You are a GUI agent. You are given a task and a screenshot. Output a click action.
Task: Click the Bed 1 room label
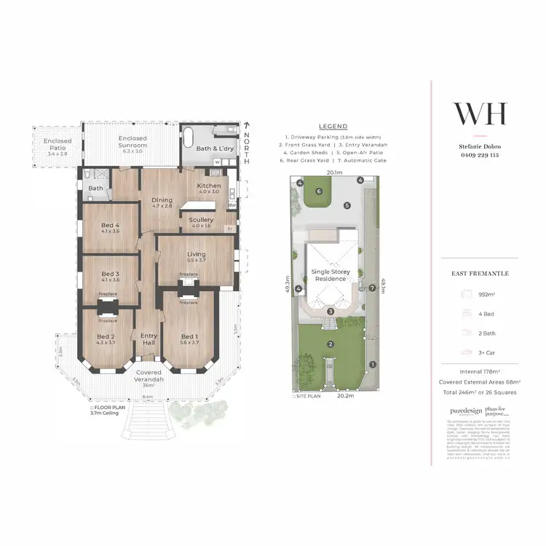pyautogui.click(x=189, y=339)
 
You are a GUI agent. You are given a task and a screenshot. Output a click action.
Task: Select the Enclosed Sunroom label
pyautogui.click(x=132, y=142)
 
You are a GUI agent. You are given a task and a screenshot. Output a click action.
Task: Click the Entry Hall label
pyautogui.click(x=149, y=339)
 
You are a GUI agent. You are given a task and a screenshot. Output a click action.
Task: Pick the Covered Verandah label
pyautogui.click(x=148, y=376)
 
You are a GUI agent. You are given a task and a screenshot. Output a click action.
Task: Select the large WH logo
pyautogui.click(x=480, y=114)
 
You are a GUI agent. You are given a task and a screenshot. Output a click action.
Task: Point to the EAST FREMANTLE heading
pyautogui.click(x=480, y=274)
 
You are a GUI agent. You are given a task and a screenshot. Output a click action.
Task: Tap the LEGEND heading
pyautogui.click(x=333, y=126)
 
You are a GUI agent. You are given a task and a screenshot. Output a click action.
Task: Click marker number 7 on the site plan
pyautogui.click(x=371, y=288)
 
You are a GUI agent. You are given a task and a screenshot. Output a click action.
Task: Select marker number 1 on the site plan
pyautogui.click(x=372, y=365)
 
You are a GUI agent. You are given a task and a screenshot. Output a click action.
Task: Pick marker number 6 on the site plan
pyautogui.click(x=318, y=191)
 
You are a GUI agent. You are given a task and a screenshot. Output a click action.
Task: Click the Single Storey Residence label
pyautogui.click(x=331, y=275)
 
